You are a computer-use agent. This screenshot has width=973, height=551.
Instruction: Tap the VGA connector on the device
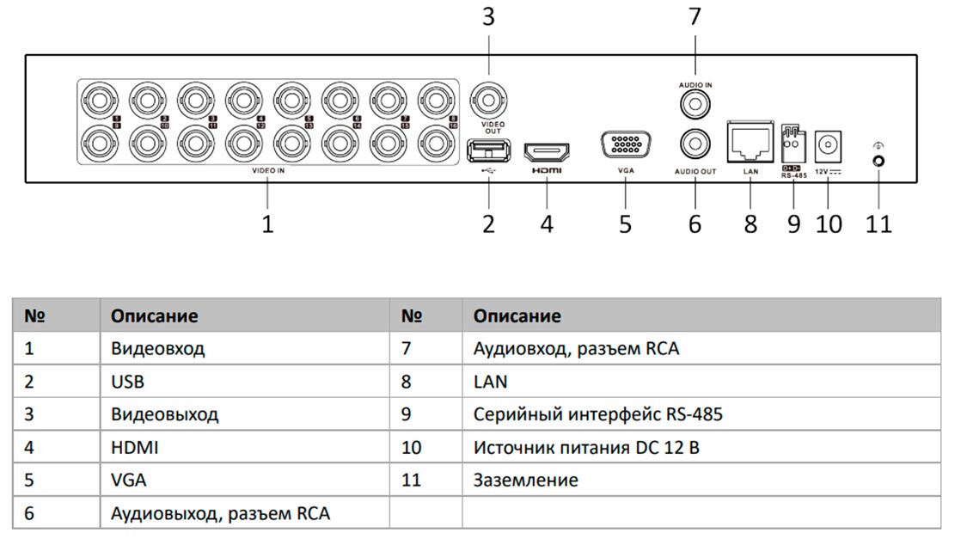coord(625,145)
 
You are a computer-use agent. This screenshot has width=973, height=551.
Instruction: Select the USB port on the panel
coord(488,152)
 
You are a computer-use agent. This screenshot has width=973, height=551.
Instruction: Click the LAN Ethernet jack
coord(750,138)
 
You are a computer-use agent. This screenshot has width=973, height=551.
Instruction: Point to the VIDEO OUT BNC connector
coord(488,100)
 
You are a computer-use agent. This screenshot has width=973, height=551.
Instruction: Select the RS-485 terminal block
coord(792,140)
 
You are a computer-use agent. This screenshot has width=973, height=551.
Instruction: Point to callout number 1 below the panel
coord(267,224)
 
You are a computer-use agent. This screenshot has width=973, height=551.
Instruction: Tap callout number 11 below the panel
coord(879,224)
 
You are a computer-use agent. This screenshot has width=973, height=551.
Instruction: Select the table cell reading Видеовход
coord(158,349)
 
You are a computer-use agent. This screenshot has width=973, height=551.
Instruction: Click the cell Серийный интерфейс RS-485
coord(597,414)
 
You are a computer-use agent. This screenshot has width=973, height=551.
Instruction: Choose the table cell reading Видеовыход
coord(164,414)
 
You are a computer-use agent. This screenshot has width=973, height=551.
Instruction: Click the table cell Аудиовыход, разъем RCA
coord(220,513)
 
